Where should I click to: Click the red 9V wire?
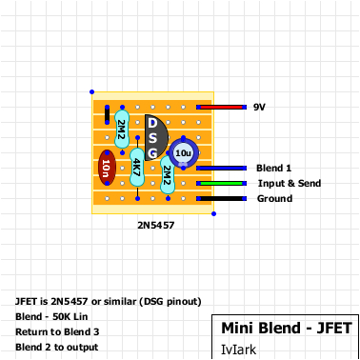click(221, 108)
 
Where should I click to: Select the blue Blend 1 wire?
click(222, 168)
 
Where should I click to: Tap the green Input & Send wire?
click(222, 183)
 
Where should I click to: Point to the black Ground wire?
click(222, 198)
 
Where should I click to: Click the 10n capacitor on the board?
click(106, 169)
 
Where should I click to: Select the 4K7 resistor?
click(137, 168)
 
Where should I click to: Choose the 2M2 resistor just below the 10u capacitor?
click(168, 174)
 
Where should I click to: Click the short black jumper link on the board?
click(107, 116)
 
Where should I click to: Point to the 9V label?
click(259, 108)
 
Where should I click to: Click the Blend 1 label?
click(274, 168)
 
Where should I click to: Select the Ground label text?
click(275, 198)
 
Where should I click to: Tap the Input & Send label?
click(290, 183)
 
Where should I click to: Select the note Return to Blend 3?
click(57, 331)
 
